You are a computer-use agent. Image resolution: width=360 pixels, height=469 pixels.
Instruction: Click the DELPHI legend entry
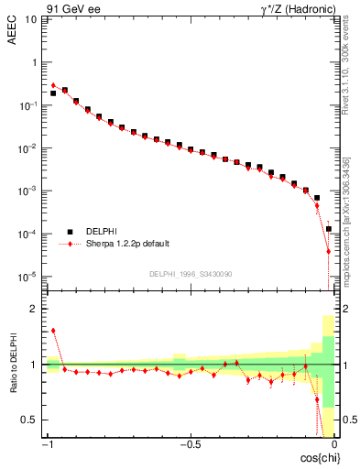click(x=101, y=232)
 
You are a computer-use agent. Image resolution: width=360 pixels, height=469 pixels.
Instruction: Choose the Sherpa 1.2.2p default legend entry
click(x=125, y=245)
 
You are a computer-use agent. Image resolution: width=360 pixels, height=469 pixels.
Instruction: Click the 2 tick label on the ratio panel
click(x=34, y=310)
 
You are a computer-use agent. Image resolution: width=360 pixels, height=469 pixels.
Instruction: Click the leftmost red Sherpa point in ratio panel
click(x=53, y=331)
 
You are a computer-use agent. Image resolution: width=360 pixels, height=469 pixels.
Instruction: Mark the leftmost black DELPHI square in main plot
click(x=53, y=93)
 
